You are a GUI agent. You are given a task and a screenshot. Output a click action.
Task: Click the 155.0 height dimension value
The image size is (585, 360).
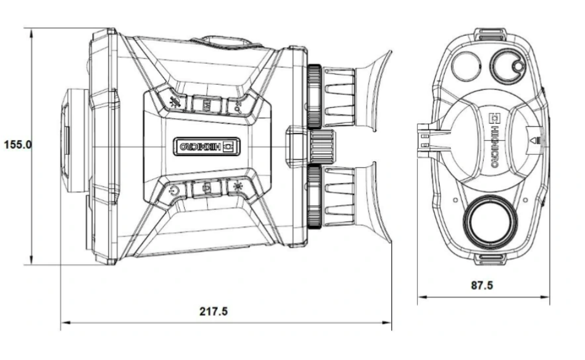pyautogui.click(x=17, y=145)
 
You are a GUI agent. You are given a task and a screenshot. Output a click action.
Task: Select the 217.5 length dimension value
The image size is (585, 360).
pyautogui.click(x=213, y=311)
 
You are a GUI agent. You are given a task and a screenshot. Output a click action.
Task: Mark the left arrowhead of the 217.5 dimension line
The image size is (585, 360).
pyautogui.click(x=64, y=322)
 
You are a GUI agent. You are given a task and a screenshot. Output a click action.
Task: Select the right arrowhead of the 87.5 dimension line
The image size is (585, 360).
pyautogui.click(x=547, y=297)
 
